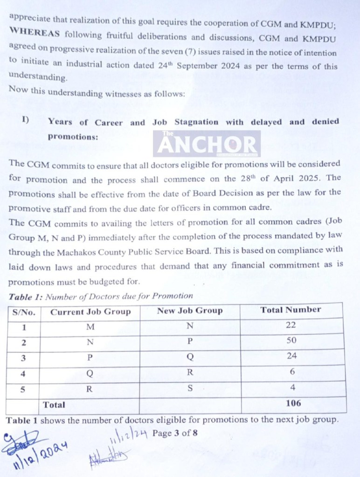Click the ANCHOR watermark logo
click(x=207, y=143)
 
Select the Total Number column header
click(x=291, y=310)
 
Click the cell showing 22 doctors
click(x=291, y=325)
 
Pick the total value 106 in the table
click(x=293, y=404)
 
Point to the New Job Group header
click(x=190, y=311)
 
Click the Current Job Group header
click(x=90, y=312)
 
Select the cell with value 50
click(x=291, y=341)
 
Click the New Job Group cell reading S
click(x=190, y=388)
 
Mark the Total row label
click(x=54, y=405)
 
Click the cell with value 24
click(x=291, y=357)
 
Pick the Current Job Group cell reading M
click(x=90, y=327)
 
